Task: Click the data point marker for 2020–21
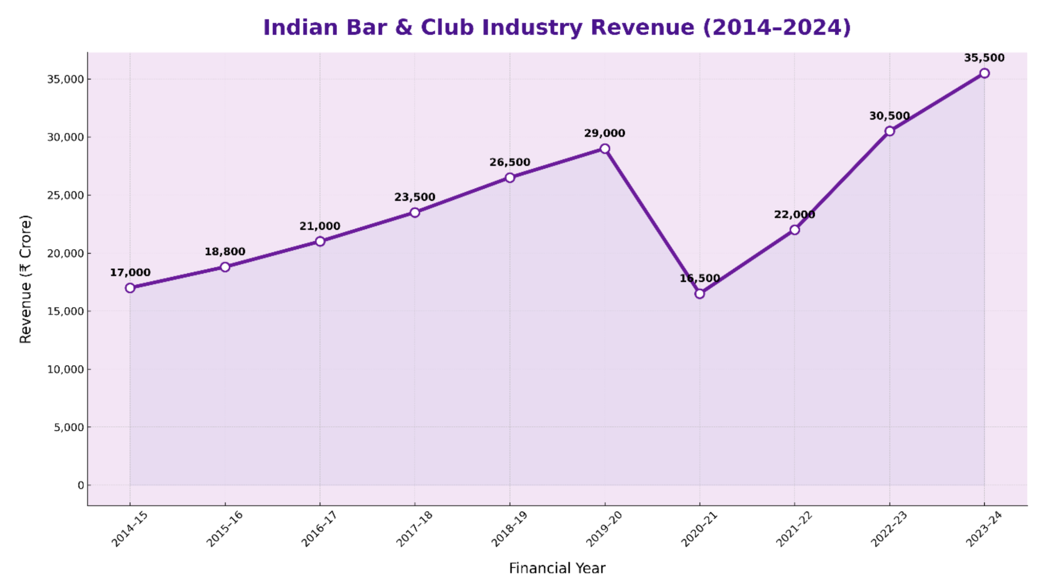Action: coord(700,294)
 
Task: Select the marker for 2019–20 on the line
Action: coord(605,149)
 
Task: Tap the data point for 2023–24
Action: coord(985,73)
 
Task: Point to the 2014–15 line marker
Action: coord(130,288)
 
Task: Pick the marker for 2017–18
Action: coord(415,213)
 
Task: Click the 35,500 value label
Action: coord(984,58)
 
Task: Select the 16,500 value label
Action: coord(700,278)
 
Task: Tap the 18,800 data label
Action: coord(225,252)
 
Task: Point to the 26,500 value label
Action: coord(510,162)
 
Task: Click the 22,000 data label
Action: coord(794,214)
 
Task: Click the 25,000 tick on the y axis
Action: coord(65,196)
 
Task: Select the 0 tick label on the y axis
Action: coord(81,485)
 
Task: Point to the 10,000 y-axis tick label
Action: coord(65,369)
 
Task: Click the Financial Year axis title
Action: coord(557,568)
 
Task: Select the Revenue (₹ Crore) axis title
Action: coord(26,279)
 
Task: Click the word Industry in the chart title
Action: coord(532,28)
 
